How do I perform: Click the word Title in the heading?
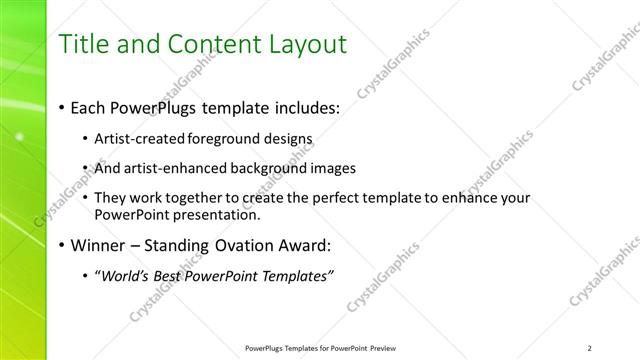[x=86, y=44]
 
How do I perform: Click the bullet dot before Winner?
[x=64, y=245]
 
